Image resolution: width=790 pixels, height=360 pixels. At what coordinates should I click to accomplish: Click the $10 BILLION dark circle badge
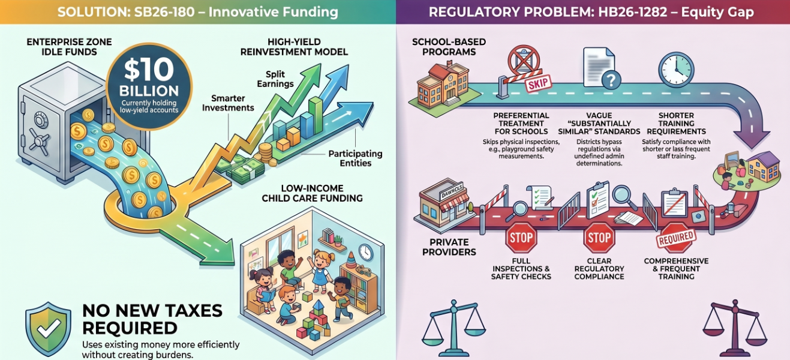(x=149, y=86)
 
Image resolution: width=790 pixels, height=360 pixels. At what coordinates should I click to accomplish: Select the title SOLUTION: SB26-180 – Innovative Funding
(x=197, y=12)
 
